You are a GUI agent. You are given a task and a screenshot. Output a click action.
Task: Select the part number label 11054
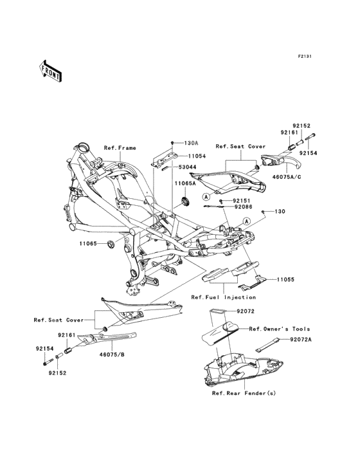point(197,156)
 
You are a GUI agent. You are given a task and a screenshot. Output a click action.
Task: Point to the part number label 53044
point(188,167)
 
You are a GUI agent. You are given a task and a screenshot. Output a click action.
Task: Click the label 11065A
point(185,183)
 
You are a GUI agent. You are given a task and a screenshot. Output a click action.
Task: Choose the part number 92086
point(243,207)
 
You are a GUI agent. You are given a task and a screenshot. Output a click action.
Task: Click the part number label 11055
point(285,279)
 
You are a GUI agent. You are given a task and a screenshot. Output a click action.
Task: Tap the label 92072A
point(301,340)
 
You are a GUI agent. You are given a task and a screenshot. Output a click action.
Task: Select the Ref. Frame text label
point(120,148)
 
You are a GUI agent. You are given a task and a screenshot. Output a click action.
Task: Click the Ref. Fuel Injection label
point(224,297)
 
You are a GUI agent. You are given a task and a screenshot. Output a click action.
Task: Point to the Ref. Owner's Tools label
point(279,329)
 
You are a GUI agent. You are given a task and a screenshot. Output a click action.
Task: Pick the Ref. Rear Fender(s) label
point(244,393)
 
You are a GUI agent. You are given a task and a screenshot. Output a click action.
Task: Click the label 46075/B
point(112,355)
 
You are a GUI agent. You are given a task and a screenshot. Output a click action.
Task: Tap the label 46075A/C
point(287,177)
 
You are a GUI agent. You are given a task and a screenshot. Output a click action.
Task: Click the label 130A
point(191,143)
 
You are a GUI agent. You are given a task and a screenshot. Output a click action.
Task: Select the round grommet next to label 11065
point(110,244)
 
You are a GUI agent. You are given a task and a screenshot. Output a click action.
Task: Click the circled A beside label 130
point(247,221)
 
